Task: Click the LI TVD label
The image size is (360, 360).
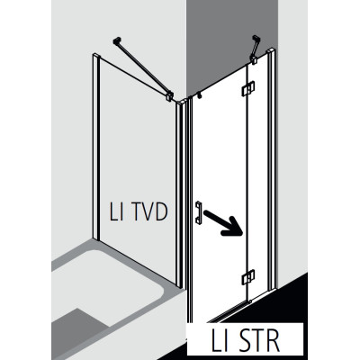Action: pyautogui.click(x=139, y=211)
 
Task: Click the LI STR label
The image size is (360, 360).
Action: pyautogui.click(x=246, y=341)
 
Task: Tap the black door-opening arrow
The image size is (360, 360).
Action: pyautogui.click(x=222, y=223)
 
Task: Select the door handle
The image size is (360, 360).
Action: pyautogui.click(x=199, y=212)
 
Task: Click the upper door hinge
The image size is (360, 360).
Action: pyautogui.click(x=248, y=88)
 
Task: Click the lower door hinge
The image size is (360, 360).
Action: pyautogui.click(x=248, y=277)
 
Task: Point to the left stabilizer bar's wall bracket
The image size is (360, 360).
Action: pyautogui.click(x=117, y=40)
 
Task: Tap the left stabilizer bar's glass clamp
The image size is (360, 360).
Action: pyautogui.click(x=170, y=95)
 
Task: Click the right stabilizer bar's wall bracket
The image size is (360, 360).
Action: pyautogui.click(x=256, y=39)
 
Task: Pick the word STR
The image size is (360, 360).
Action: pyautogui.click(x=258, y=341)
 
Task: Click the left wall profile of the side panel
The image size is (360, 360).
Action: pyautogui.click(x=95, y=147)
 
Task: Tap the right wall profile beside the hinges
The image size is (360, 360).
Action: pyautogui.click(x=272, y=169)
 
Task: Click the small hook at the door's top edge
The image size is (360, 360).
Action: pyautogui.click(x=199, y=95)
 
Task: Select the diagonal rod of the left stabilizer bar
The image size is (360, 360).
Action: pyautogui.click(x=143, y=67)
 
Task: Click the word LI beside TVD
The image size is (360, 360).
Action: pyautogui.click(x=116, y=211)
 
